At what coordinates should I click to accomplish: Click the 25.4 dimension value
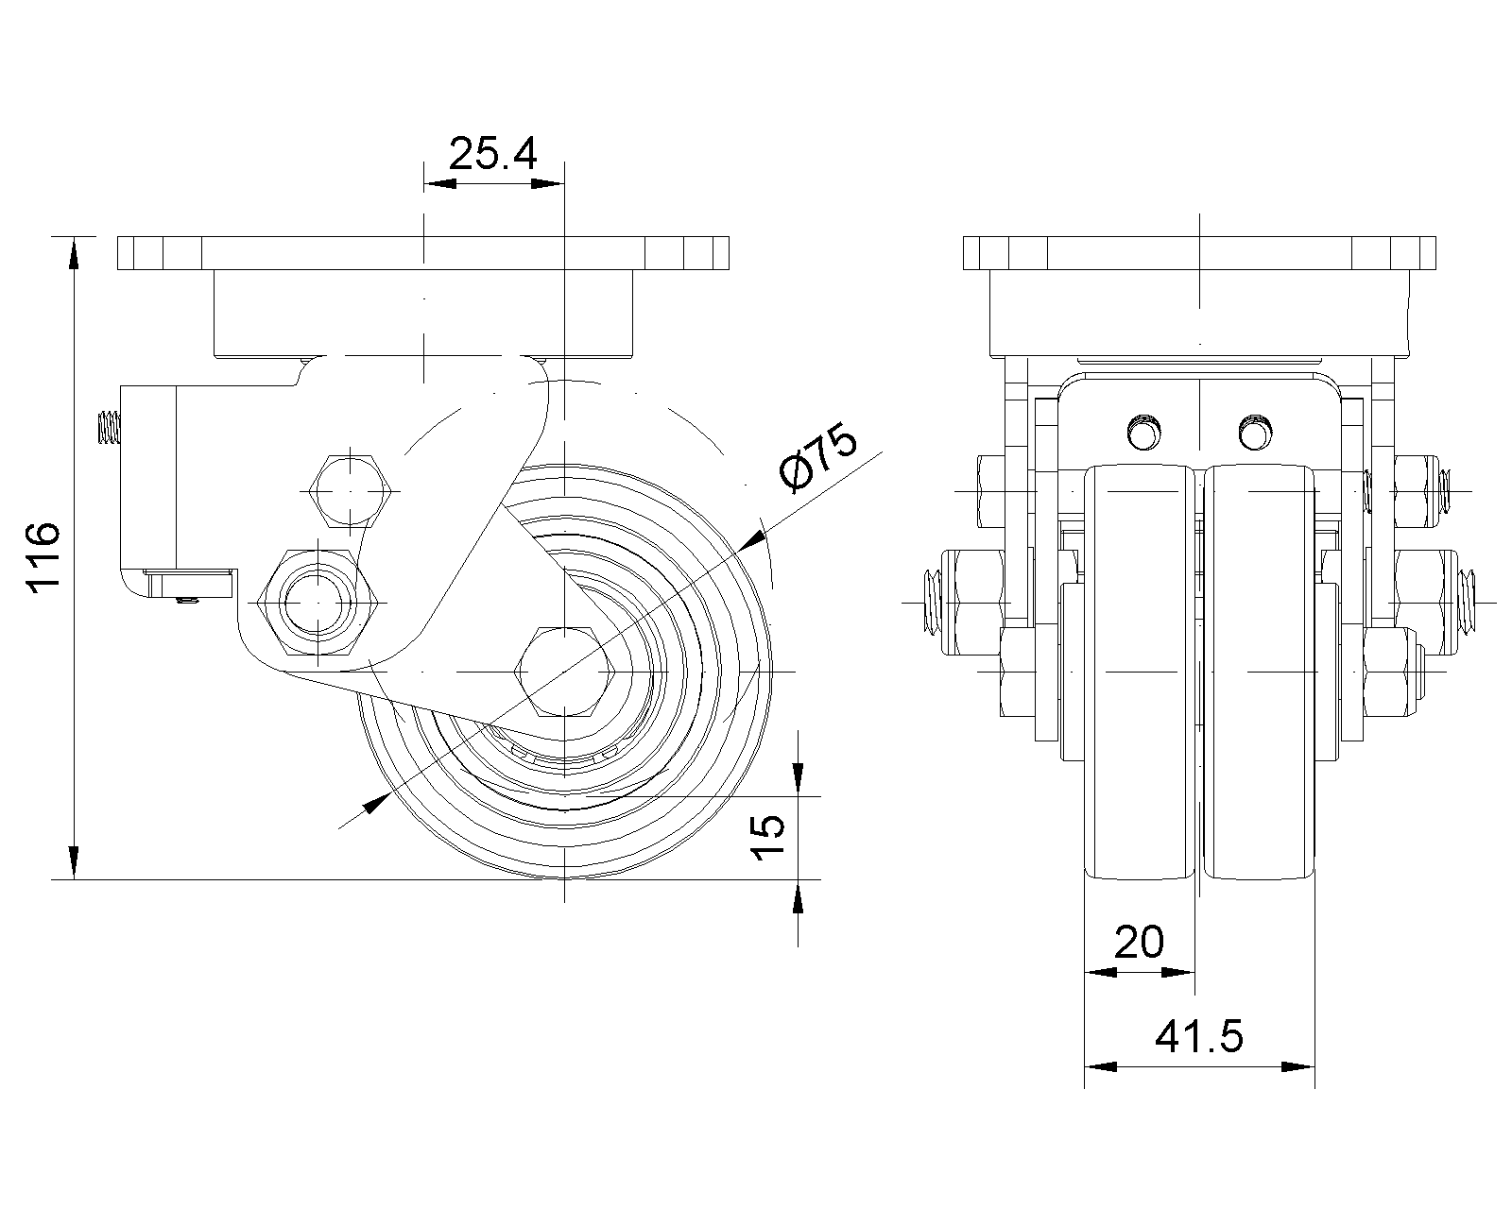pyautogui.click(x=492, y=154)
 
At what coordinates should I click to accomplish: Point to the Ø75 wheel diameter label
pyautogui.click(x=818, y=455)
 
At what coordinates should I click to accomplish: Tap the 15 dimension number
pyautogui.click(x=767, y=837)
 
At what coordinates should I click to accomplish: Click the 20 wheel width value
pyautogui.click(x=1139, y=942)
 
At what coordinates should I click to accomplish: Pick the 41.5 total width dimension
pyautogui.click(x=1198, y=1037)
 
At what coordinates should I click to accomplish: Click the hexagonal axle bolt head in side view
pyautogui.click(x=565, y=672)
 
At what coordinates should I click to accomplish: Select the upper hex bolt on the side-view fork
pyautogui.click(x=350, y=491)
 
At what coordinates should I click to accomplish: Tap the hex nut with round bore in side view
pyautogui.click(x=318, y=603)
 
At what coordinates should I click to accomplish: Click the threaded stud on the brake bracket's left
pyautogui.click(x=108, y=428)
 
